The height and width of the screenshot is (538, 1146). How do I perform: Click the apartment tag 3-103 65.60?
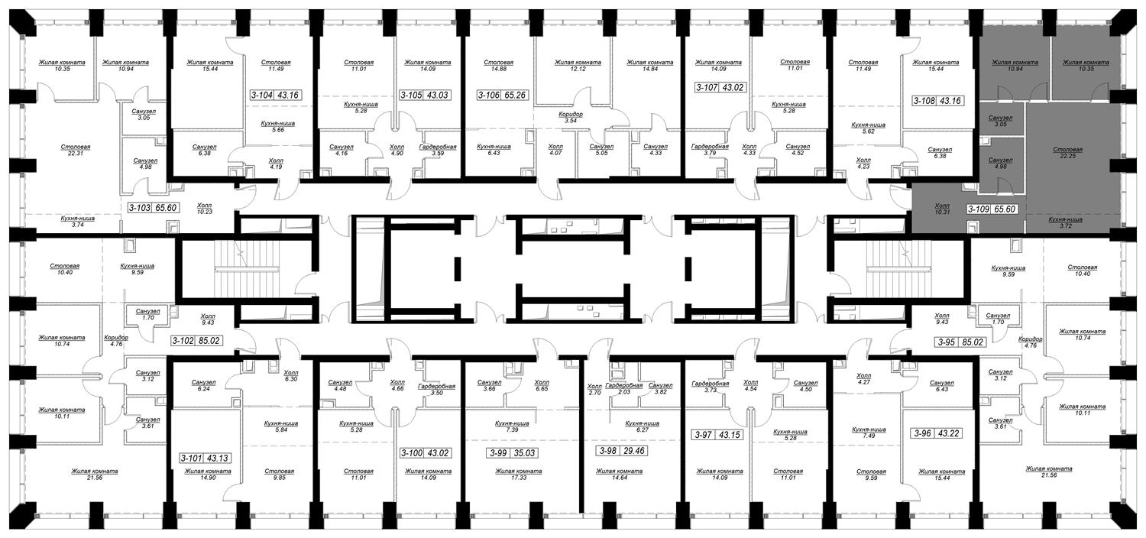coord(153,208)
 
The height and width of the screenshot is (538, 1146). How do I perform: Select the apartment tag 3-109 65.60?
coord(992,209)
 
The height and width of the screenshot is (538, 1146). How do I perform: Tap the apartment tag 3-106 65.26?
coord(503,96)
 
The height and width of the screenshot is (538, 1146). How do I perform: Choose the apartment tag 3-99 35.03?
coord(512,453)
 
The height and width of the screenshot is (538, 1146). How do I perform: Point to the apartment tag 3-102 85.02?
coord(197,340)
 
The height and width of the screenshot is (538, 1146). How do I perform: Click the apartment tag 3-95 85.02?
coord(960,342)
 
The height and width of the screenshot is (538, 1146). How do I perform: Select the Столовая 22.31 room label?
coord(75,151)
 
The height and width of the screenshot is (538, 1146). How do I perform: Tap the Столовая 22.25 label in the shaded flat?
coord(1068,153)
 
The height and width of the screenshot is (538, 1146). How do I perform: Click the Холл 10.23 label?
coord(204,208)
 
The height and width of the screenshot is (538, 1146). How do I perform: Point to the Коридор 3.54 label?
coord(571,118)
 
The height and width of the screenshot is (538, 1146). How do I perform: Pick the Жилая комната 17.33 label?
coord(518,475)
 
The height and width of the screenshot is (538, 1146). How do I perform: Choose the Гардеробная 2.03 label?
coord(623,388)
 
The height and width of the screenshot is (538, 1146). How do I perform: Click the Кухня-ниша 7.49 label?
coord(869,433)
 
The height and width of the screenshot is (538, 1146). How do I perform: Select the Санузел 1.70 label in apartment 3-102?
coord(148,314)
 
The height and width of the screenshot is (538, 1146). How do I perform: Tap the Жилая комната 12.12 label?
coord(578,66)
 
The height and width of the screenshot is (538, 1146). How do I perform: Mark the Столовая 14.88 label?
coord(498,66)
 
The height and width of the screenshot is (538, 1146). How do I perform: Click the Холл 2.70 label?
coord(594,390)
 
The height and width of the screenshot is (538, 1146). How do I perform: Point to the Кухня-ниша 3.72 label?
coord(1065,222)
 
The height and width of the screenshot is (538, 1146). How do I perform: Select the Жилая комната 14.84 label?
coord(649,66)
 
